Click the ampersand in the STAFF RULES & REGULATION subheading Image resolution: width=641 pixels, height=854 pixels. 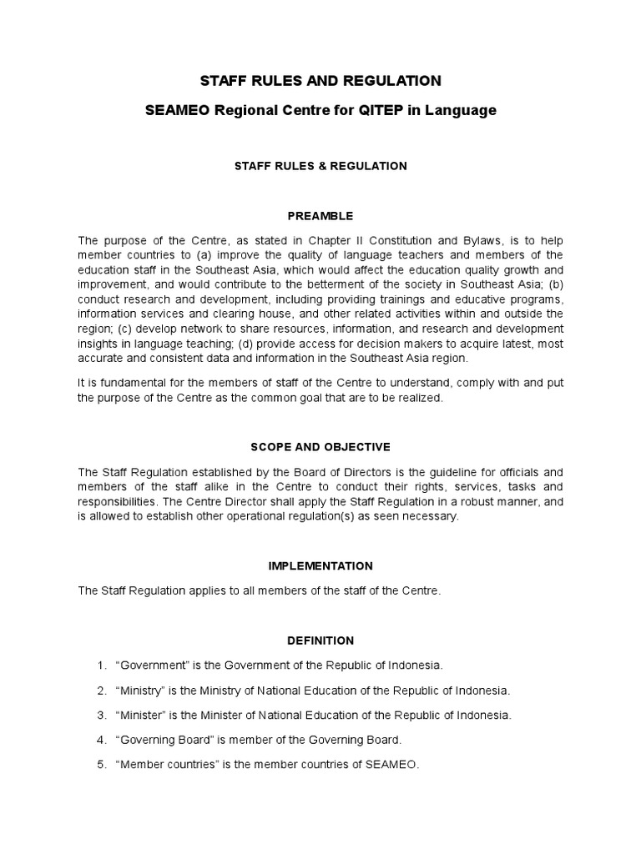(321, 166)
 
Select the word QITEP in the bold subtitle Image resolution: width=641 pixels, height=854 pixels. (376, 110)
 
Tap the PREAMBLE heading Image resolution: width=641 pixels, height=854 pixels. (320, 216)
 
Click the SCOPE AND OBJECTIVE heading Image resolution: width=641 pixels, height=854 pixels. (320, 447)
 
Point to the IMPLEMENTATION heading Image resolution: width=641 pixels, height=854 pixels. (320, 566)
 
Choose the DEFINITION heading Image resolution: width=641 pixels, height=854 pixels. (320, 640)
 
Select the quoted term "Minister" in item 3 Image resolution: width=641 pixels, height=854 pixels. (144, 716)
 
